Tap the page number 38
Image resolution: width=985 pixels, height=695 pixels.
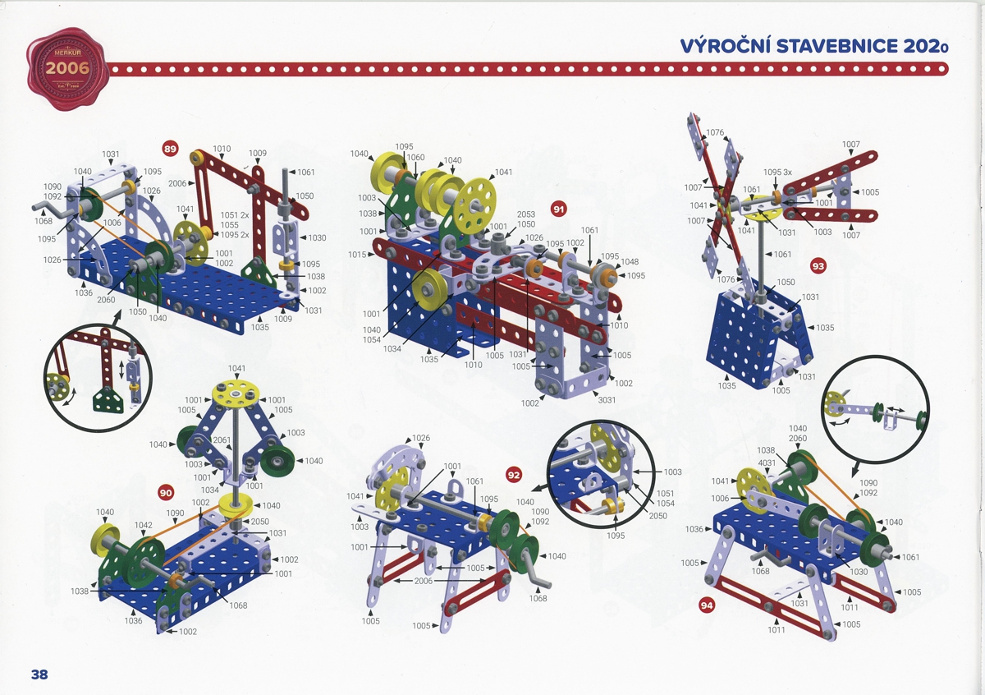pos(39,674)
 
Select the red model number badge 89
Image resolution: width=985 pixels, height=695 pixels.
pos(171,149)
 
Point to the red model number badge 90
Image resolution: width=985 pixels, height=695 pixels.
pos(166,492)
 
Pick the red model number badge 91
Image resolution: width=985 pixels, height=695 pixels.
pos(559,209)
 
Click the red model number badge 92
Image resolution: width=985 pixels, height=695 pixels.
pos(515,474)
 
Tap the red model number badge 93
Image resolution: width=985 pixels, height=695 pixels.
pos(818,265)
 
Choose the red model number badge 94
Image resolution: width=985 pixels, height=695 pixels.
pos(707,605)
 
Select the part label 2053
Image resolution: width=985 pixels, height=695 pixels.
pos(526,214)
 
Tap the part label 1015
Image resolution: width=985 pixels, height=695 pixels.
pos(356,255)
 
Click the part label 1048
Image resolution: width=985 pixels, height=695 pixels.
pos(630,263)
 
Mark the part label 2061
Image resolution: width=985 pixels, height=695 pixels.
pos(221,440)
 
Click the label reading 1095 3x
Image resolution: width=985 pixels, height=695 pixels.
pos(777,172)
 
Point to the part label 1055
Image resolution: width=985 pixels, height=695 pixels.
pos(229,225)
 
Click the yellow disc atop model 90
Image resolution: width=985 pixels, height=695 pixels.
pos(236,394)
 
